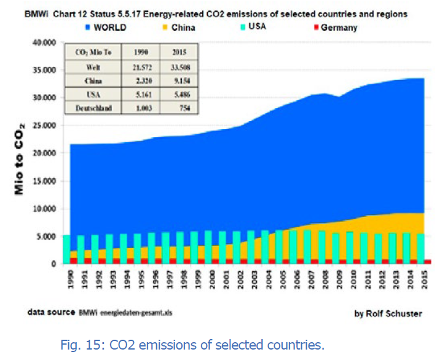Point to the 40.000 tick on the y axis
point(44,42)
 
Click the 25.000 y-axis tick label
point(44,125)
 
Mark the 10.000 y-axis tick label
point(44,209)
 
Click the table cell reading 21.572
point(141,67)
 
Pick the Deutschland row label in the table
point(94,108)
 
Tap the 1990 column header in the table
point(141,53)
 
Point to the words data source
point(52,312)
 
